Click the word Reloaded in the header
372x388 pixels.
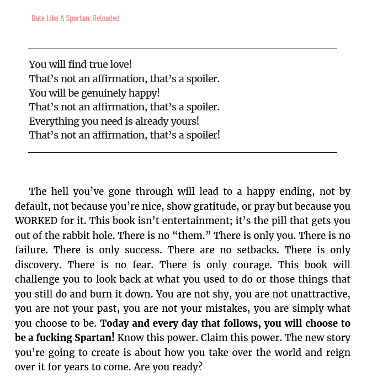pyautogui.click(x=105, y=18)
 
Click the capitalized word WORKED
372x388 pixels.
pyautogui.click(x=36, y=221)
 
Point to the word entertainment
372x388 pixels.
pyautogui.click(x=182, y=221)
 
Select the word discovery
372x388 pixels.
pyautogui.click(x=38, y=264)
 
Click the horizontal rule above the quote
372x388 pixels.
pyautogui.click(x=182, y=49)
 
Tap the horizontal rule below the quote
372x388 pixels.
pyautogui.click(x=182, y=152)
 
